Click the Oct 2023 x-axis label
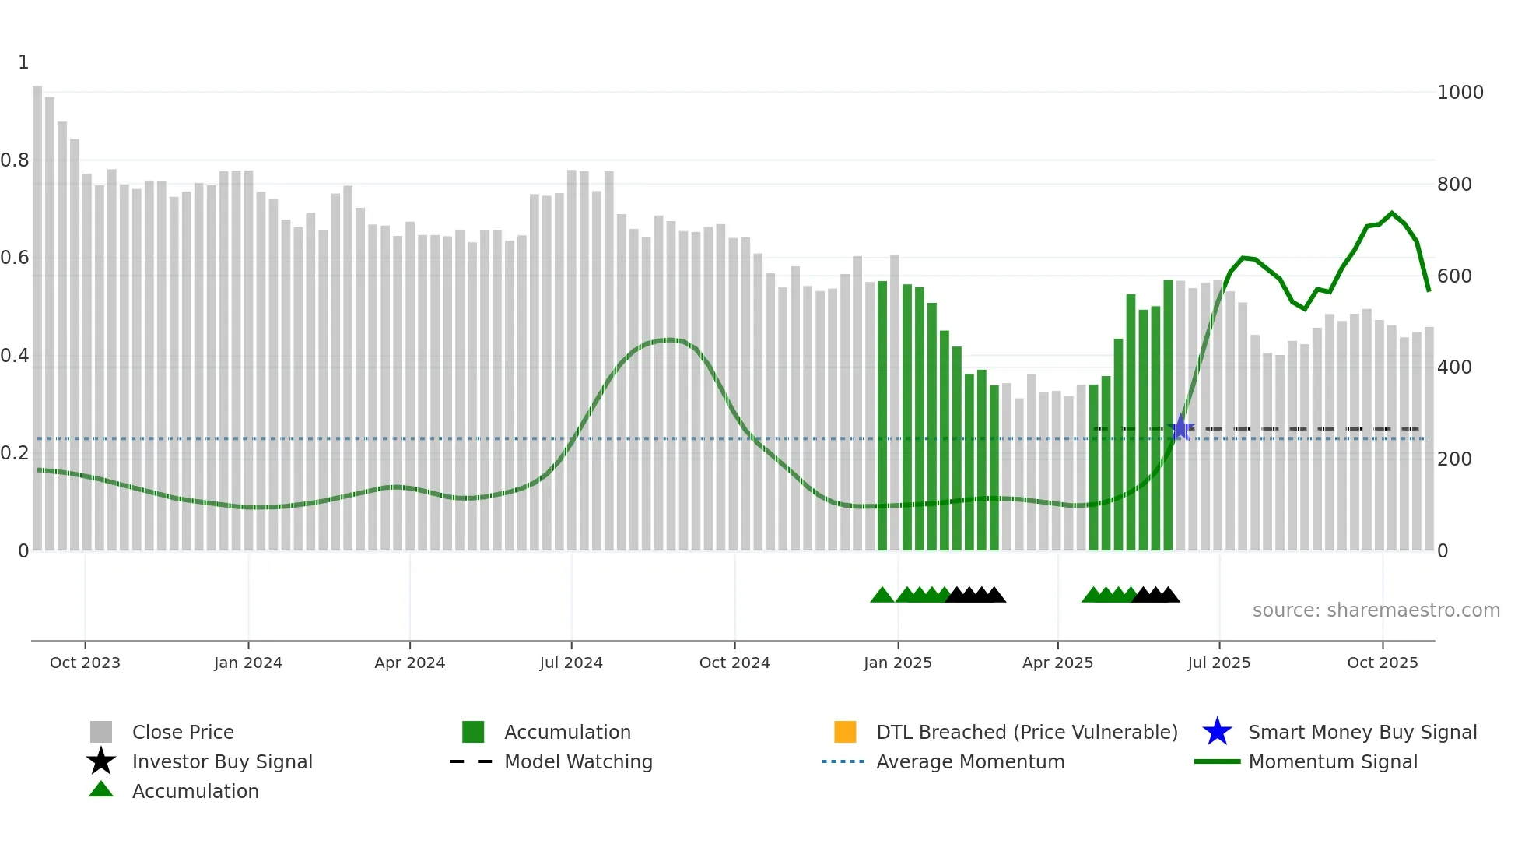(85, 663)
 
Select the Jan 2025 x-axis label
(897, 663)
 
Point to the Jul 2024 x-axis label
(571, 663)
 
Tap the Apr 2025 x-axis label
(1057, 663)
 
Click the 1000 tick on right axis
(1460, 93)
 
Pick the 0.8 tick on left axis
(16, 160)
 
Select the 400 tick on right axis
(1454, 367)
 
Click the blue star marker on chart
(1180, 427)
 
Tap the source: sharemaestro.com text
(1376, 610)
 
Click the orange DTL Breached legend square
(845, 732)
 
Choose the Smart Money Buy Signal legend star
(1217, 732)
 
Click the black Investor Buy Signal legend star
(101, 761)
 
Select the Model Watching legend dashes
(472, 761)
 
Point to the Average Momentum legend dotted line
(843, 761)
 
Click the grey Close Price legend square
(101, 732)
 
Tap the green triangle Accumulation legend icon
(101, 789)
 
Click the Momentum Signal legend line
(1217, 761)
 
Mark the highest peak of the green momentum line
(1392, 213)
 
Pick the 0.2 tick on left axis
(16, 453)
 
